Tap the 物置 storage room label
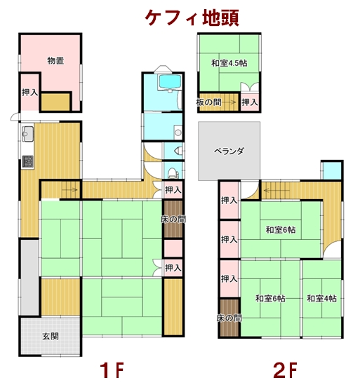pyautogui.click(x=55, y=61)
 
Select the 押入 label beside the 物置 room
pyautogui.click(x=29, y=93)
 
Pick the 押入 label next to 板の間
pyautogui.click(x=250, y=102)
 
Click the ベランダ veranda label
pyautogui.click(x=229, y=151)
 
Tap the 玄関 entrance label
pyautogui.click(x=50, y=336)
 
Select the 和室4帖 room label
pyautogui.click(x=321, y=299)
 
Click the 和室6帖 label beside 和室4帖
pyautogui.click(x=270, y=299)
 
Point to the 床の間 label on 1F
pyautogui.click(x=173, y=219)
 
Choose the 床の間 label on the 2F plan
pyautogui.click(x=229, y=318)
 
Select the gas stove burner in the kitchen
pyautogui.click(x=28, y=161)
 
